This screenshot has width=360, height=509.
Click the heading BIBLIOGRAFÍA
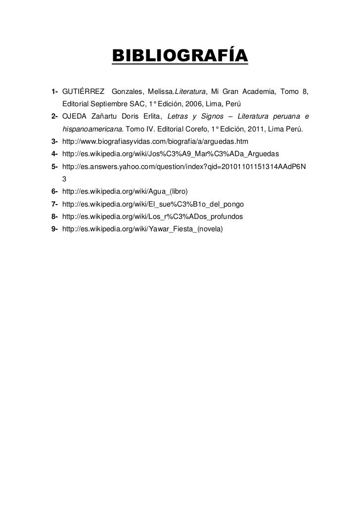[180, 56]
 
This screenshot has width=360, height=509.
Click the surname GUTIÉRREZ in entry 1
[83, 91]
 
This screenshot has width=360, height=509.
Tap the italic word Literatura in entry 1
[189, 91]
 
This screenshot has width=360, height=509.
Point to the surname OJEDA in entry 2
[74, 117]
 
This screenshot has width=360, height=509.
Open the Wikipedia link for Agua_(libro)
[126, 191]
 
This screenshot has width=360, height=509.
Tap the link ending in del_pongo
[153, 204]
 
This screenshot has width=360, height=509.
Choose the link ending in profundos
[152, 216]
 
